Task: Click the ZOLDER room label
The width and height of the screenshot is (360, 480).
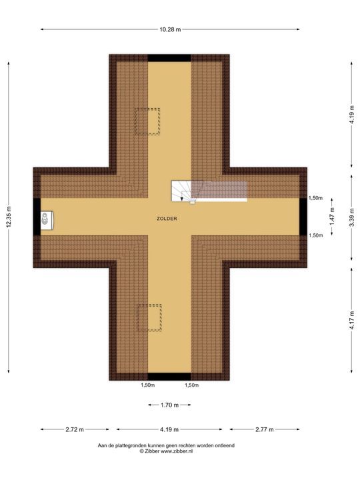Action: point(167,219)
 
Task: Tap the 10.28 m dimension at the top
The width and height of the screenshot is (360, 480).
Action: point(170,29)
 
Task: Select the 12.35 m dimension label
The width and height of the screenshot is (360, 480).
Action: point(9,217)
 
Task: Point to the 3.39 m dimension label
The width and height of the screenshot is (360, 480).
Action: point(353,217)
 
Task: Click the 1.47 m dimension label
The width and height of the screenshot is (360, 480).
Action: point(332,217)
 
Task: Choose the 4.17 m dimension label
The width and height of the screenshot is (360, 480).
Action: point(353,320)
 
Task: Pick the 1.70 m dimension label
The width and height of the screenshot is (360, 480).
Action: point(169,405)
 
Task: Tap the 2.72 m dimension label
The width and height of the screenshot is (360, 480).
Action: point(75,429)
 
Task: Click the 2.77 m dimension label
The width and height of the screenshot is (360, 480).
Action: point(265,429)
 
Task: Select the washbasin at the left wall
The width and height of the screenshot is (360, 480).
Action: point(47,220)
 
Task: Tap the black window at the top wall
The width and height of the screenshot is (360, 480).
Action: point(169,58)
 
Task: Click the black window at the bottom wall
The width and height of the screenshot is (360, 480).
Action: point(169,377)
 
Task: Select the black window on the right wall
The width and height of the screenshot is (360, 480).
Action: point(303,217)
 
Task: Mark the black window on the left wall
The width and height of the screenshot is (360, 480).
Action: point(37,217)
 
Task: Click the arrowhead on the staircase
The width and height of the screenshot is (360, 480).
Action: point(182,199)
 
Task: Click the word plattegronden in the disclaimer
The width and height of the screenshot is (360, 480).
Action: point(126,445)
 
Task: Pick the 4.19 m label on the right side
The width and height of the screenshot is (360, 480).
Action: point(353,115)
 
